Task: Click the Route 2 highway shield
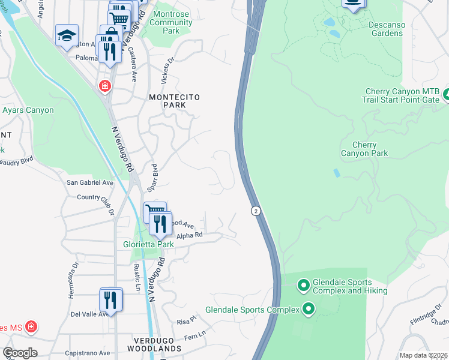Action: pos(256,211)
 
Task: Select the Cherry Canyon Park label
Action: pos(364,149)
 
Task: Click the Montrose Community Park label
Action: pos(171,22)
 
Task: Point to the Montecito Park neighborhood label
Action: pos(174,101)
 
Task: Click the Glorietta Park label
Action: pos(148,244)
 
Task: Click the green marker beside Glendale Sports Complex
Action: pos(309,310)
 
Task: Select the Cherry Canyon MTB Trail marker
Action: pos(445,94)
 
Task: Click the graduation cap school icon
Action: pos(67,36)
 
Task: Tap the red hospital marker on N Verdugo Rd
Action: pos(106,86)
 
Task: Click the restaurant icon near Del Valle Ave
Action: pos(110,299)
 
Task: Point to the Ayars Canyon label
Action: pos(28,110)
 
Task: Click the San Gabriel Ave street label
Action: pos(90,182)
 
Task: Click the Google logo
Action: pos(20,352)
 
